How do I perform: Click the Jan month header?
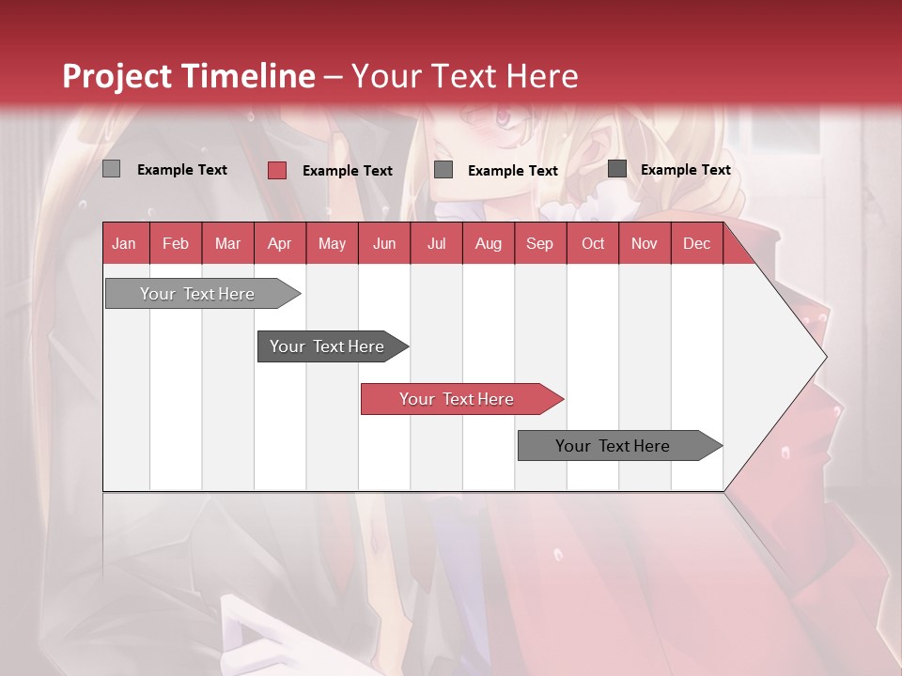125,243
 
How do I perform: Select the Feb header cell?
176,243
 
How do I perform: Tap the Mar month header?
227,243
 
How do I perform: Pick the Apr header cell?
279,243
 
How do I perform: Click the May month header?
332,243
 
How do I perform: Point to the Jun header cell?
384,243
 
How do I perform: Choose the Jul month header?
436,243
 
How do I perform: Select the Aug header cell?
488,243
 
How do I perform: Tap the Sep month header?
539,243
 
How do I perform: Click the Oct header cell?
593,243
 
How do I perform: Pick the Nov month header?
645,243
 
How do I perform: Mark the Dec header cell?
696,243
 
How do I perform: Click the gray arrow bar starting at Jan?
197,294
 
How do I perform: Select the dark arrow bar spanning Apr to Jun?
327,346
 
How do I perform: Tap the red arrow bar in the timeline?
457,399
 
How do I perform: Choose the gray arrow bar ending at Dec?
613,446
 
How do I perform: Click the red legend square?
276,170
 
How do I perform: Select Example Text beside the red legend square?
348,171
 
